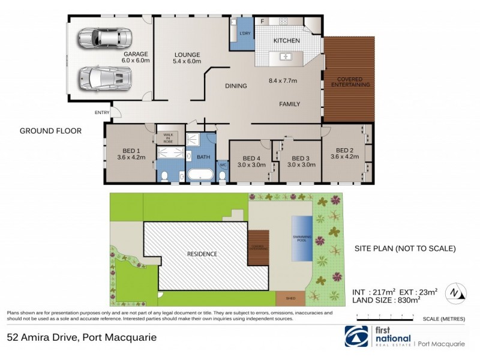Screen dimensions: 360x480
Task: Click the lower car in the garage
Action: (105, 77)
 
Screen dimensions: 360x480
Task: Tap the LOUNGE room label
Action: (187, 55)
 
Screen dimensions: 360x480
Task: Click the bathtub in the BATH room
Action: (199, 175)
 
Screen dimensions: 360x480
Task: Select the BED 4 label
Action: (250, 157)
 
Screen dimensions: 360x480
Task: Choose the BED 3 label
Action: (301, 157)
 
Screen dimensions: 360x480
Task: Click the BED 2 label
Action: (346, 150)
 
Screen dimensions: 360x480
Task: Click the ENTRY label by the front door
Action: (101, 112)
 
